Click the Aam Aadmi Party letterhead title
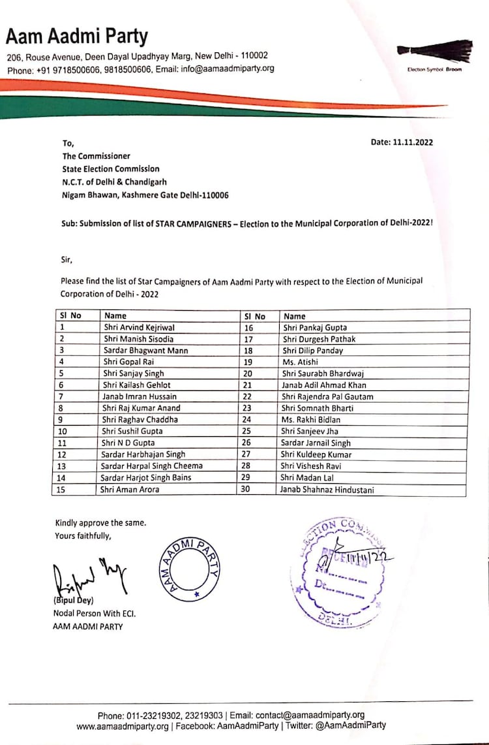[77, 36]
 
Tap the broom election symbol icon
[435, 52]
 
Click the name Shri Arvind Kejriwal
[139, 327]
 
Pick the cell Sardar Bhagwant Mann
[145, 350]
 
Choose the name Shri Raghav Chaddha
[140, 420]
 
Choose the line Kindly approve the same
[100, 523]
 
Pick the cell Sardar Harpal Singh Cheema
[152, 466]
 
